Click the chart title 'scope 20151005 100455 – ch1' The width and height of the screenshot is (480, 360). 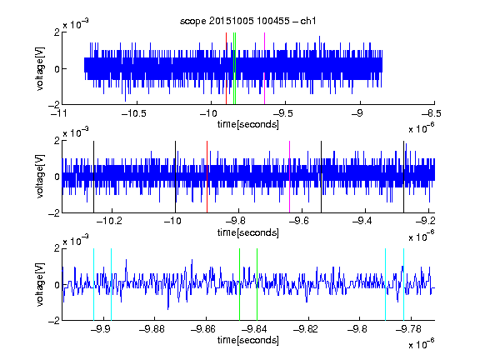point(247,21)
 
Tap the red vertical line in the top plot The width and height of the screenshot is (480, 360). point(226,68)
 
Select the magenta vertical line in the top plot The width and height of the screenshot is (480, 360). point(264,68)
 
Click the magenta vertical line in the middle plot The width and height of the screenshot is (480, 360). point(290,177)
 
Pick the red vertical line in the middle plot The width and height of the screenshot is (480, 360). point(207,177)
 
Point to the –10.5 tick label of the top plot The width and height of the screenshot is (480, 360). point(134,114)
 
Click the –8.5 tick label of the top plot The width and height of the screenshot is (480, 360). point(431,114)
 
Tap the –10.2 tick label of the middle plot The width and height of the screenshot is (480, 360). point(109,221)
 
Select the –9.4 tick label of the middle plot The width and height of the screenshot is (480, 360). point(362,221)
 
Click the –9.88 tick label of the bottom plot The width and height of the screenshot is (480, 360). point(152,329)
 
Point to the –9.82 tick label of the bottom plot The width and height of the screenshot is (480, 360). point(306,329)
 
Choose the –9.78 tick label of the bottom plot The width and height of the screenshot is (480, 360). point(408,329)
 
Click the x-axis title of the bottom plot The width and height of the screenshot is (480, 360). point(248,340)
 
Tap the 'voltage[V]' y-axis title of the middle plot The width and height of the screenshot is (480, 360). point(40,177)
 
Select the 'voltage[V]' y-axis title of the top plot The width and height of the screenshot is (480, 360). point(40,68)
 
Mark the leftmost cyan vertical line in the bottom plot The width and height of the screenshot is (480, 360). point(93,284)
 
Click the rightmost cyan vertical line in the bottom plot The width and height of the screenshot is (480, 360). point(404,284)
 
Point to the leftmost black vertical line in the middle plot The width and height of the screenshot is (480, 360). point(93,177)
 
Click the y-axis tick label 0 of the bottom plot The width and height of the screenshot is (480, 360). point(57,285)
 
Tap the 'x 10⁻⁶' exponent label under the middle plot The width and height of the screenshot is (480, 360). point(422,236)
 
